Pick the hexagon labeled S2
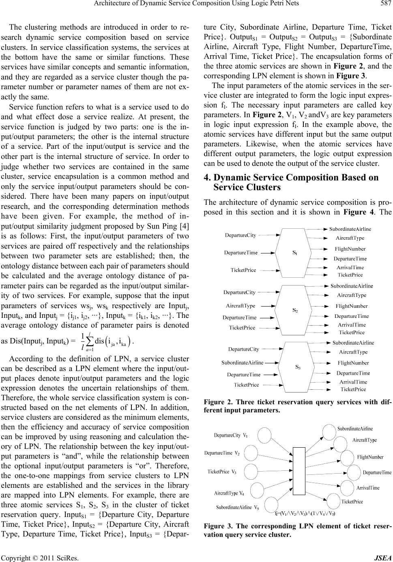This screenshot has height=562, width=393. click(x=295, y=310)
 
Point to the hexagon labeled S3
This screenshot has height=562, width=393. click(x=298, y=367)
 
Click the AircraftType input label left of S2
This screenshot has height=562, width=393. click(x=241, y=305)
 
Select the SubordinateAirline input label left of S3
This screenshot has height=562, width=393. click(x=242, y=362)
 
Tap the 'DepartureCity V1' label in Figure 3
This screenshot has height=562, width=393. click(x=231, y=436)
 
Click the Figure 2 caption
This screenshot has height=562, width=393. click(x=296, y=406)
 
